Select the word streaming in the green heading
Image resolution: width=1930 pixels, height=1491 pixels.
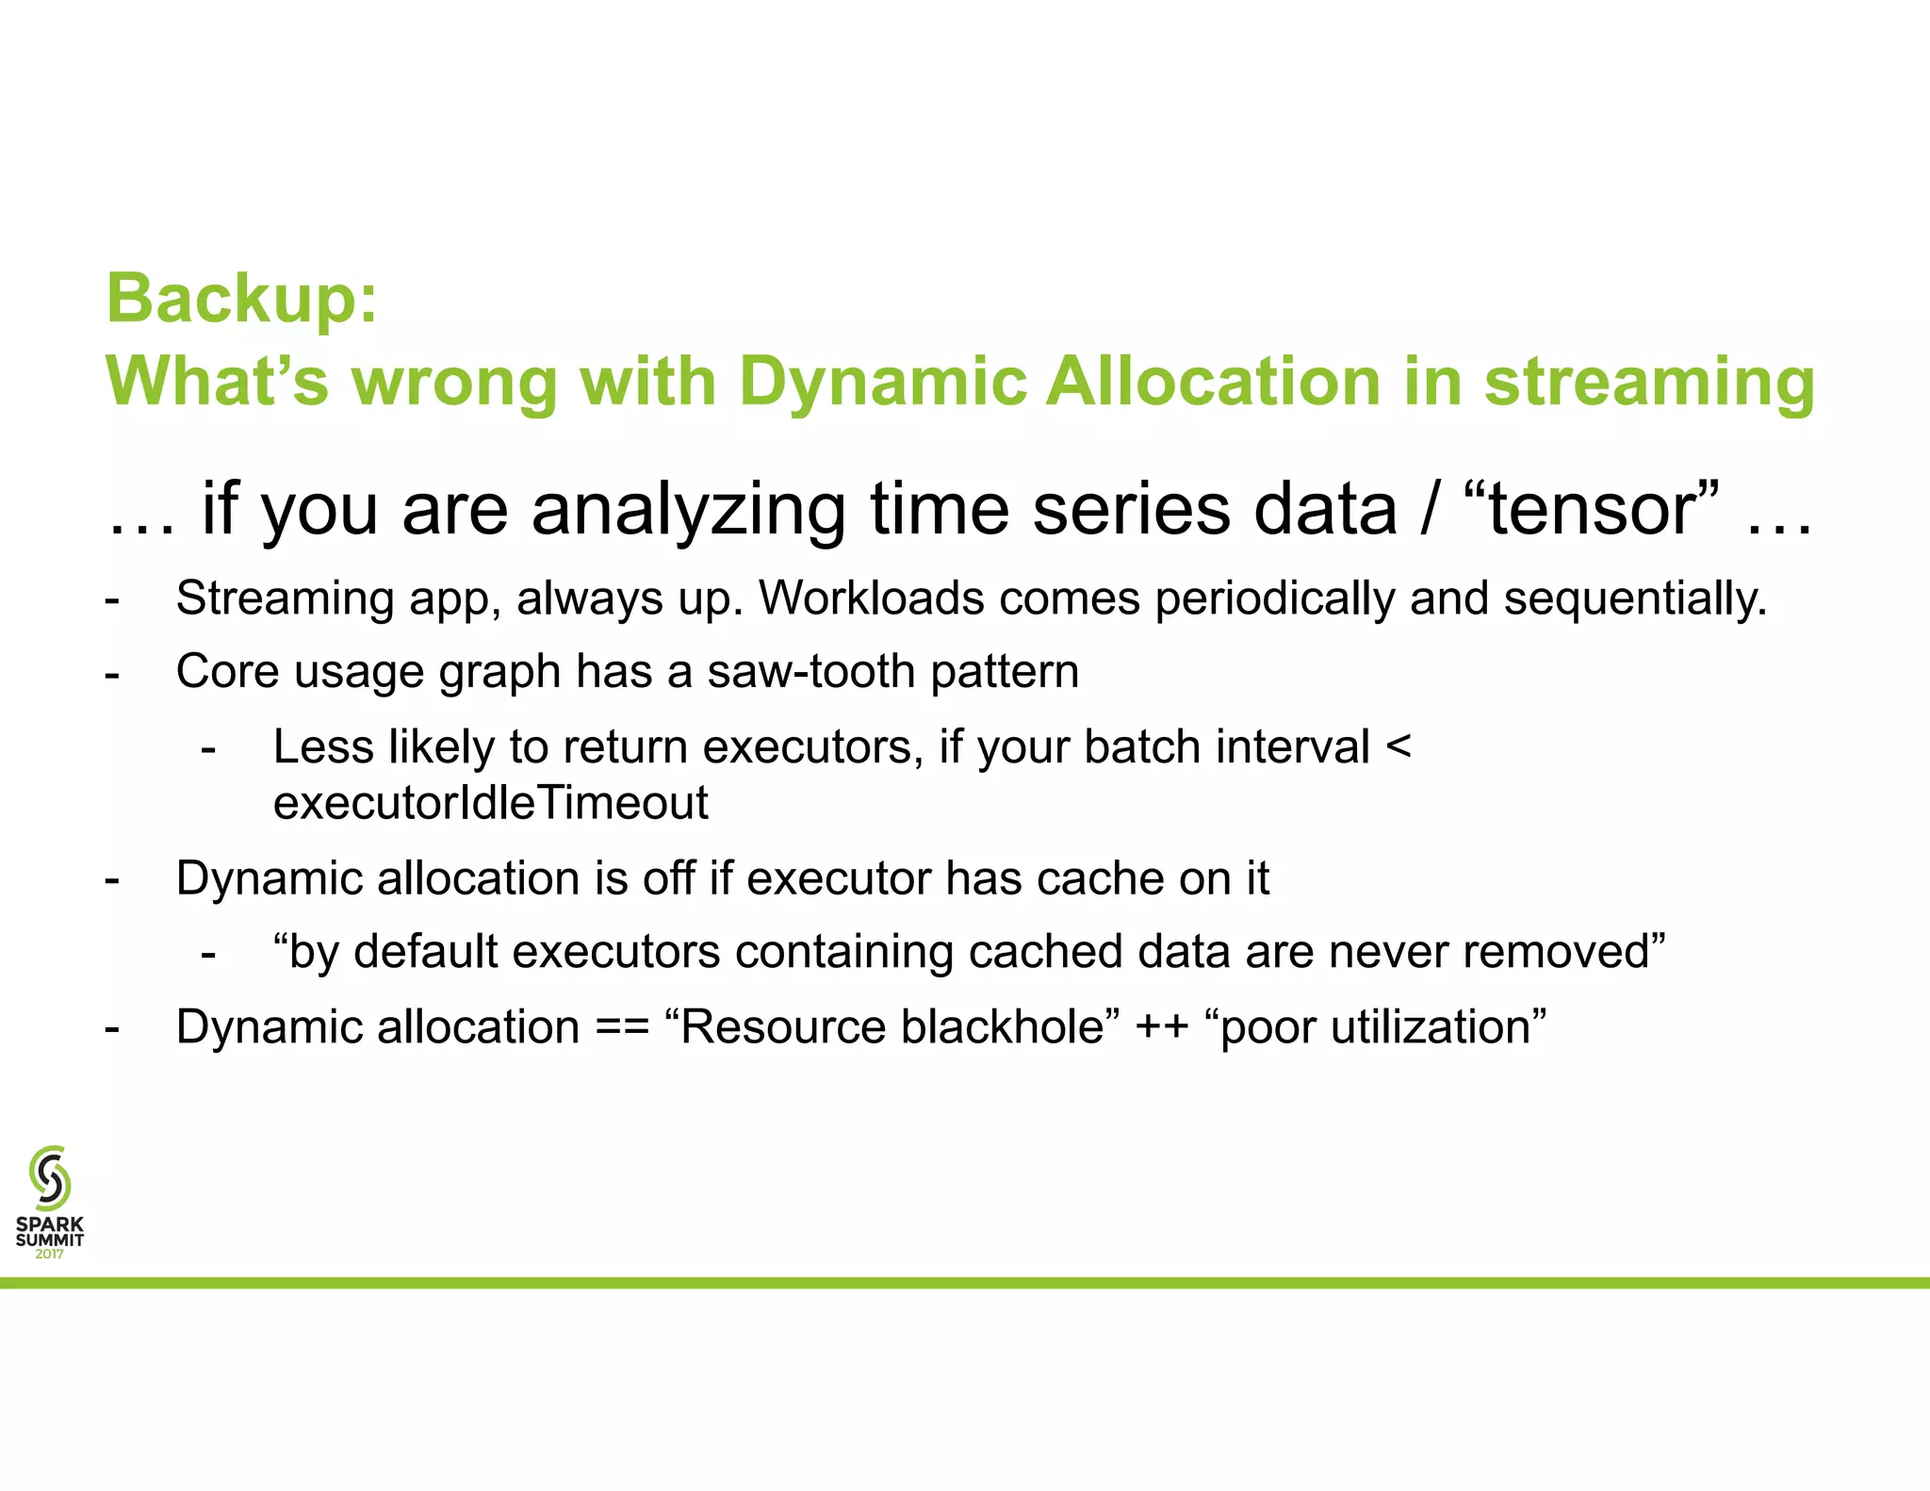[1649, 382]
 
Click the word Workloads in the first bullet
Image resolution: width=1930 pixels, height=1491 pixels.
[872, 598]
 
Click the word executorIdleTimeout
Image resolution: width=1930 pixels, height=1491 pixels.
[490, 803]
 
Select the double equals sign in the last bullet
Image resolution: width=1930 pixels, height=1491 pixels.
[622, 1027]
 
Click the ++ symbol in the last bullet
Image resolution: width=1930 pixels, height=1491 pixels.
[1161, 1027]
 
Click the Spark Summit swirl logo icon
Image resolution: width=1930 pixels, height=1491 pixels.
[49, 1177]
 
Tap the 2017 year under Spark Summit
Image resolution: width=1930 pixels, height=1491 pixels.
[49, 1253]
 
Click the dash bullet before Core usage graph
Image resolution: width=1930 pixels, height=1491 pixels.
[112, 673]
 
